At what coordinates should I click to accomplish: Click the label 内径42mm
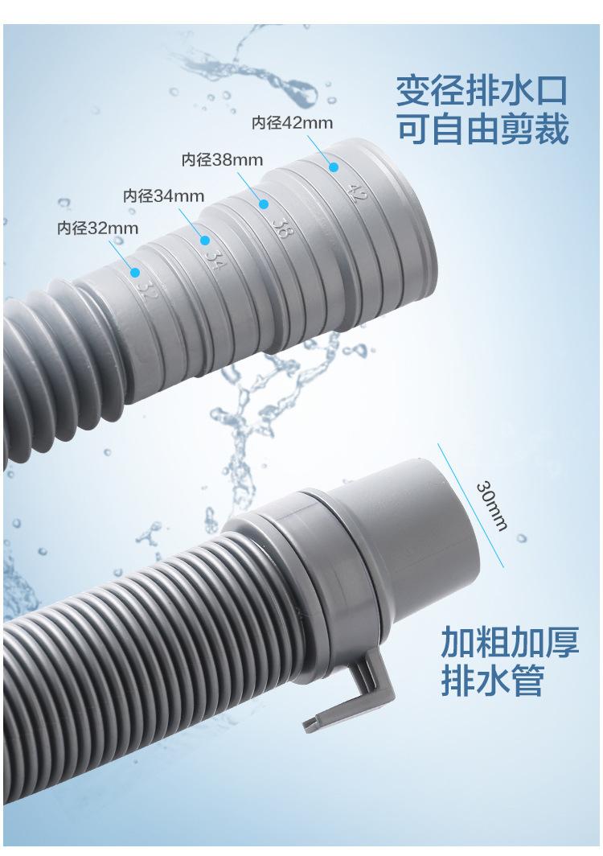coord(292,122)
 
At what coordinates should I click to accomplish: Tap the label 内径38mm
coord(222,159)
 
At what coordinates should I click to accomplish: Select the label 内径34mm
coord(164,195)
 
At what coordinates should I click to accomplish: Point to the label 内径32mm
coord(97,228)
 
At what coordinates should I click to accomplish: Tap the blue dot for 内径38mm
coord(264,204)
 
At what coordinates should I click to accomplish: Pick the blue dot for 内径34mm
coord(205,241)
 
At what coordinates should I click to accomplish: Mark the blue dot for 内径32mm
coord(135,272)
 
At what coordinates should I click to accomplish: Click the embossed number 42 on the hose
coord(355,193)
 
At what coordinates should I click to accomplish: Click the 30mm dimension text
coord(492,505)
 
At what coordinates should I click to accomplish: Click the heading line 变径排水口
coord(482,91)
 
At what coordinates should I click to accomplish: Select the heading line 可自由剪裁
coord(482,129)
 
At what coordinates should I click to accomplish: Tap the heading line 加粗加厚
coord(510,642)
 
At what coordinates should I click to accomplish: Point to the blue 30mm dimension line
coord(470,505)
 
